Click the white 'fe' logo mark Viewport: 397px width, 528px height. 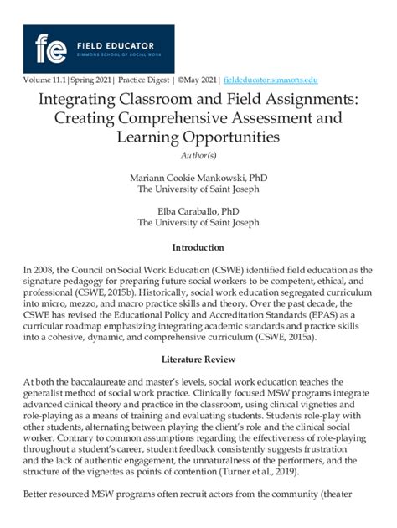pos(52,47)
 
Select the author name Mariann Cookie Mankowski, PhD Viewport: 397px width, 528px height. pos(198,179)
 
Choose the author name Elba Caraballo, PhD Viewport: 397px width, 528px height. pos(198,212)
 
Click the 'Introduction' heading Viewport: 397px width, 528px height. pos(198,248)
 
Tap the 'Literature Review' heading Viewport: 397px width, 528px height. pos(198,358)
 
